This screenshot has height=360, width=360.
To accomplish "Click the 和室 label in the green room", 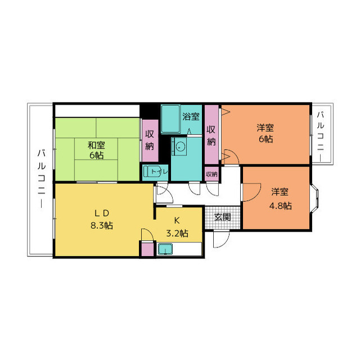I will pyautogui.click(x=95, y=145).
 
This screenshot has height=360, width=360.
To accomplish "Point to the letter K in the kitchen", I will pyautogui.click(x=176, y=220).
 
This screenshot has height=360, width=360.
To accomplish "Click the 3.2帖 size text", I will pyautogui.click(x=177, y=232).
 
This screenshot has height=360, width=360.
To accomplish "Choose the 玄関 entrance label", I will pyautogui.click(x=222, y=217).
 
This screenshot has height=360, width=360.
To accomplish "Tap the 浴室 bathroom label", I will pyautogui.click(x=191, y=117).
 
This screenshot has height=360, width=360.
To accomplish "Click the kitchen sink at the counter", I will pyautogui.click(x=164, y=249).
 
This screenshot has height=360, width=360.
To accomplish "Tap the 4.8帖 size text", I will pyautogui.click(x=280, y=205).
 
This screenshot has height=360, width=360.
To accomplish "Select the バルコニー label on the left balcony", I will pyautogui.click(x=41, y=178).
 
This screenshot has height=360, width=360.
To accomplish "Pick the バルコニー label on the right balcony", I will pyautogui.click(x=320, y=135).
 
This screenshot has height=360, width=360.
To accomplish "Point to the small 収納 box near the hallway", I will pyautogui.click(x=211, y=174).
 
